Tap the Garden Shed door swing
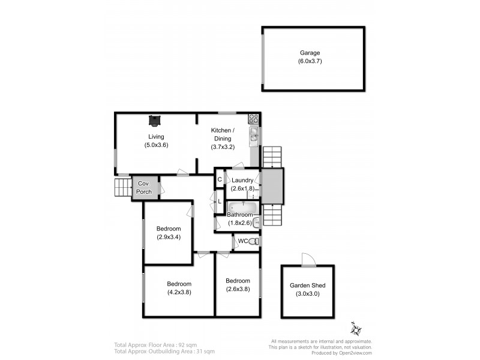(x=307, y=259)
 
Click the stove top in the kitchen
(x=254, y=118)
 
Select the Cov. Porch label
(x=144, y=188)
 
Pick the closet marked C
(x=220, y=179)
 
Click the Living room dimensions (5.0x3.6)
(x=156, y=145)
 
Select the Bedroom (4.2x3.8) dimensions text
(x=179, y=293)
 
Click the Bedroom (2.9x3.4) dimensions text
(x=169, y=237)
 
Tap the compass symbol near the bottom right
(x=356, y=329)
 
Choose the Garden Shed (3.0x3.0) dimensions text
(x=307, y=294)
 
